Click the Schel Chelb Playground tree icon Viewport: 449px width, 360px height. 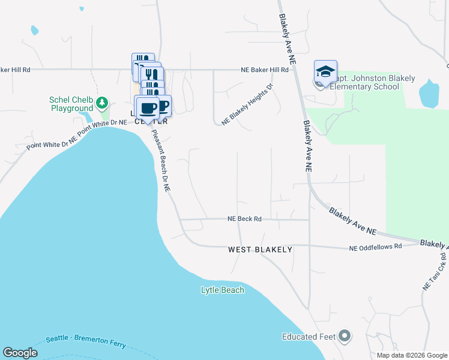coord(103,103)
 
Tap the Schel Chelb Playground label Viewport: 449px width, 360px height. coord(71,104)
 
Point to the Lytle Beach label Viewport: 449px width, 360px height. coord(222,290)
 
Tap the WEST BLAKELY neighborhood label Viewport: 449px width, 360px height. coord(260,249)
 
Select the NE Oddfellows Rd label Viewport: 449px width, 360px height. coord(375,247)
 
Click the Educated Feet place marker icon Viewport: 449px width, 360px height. coord(345,337)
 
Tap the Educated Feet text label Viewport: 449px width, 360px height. coord(309,337)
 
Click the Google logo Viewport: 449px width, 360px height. coord(20,353)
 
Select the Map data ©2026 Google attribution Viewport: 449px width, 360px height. coord(412,355)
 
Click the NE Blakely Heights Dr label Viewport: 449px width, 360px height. coord(247,104)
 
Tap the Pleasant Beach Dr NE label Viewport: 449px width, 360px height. coord(161,161)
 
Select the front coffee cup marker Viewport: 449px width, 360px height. coord(148,109)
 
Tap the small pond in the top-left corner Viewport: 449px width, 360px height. coord(34,29)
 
